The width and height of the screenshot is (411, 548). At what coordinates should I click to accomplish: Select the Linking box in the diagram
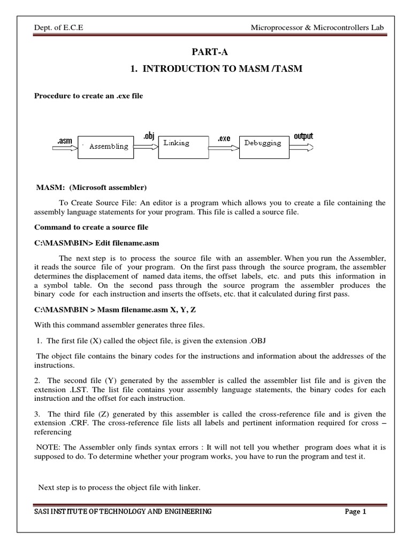tap(182, 144)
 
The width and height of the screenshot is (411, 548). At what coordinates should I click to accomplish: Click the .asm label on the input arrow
tap(64, 141)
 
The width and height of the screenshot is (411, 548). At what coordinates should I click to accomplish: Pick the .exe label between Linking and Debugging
tap(224, 139)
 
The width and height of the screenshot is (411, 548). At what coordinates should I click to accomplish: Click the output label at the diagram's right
tap(303, 136)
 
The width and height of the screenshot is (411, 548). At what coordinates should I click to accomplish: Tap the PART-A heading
tap(205, 52)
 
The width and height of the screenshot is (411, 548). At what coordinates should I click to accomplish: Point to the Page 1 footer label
tap(355, 511)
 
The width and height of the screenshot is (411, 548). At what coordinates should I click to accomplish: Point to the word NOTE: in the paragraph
tap(50, 446)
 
